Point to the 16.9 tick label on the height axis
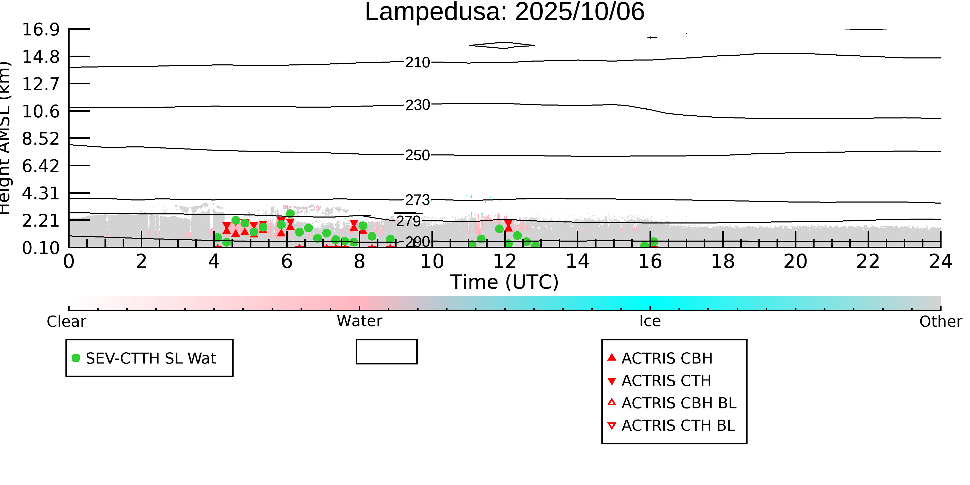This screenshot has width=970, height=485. (x=41, y=29)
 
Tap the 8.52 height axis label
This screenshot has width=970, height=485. (x=41, y=139)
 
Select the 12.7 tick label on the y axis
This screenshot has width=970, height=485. (x=41, y=84)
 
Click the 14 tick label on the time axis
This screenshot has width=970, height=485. (x=577, y=261)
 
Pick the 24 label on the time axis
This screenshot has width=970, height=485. (x=940, y=261)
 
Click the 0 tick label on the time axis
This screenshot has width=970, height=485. (x=69, y=261)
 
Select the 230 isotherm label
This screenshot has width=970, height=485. (x=417, y=105)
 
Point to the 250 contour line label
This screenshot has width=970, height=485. (x=417, y=155)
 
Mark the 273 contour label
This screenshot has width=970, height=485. (x=417, y=200)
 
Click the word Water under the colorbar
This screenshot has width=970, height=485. (x=359, y=321)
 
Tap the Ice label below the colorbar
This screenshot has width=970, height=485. (x=650, y=321)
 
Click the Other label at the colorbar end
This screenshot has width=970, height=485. (x=940, y=322)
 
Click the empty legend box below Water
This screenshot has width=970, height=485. (x=386, y=352)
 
